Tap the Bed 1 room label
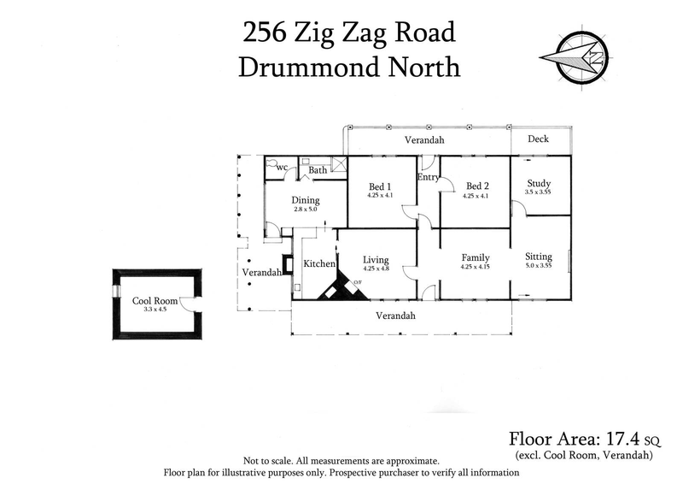tap(380, 186)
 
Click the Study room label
tap(539, 183)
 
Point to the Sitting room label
tap(539, 257)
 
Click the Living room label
tap(376, 260)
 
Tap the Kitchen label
tap(319, 264)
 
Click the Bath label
tap(318, 170)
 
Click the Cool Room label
tap(153, 301)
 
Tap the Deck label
tap(538, 139)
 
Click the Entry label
tap(428, 177)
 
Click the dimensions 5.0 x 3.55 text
tap(539, 267)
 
